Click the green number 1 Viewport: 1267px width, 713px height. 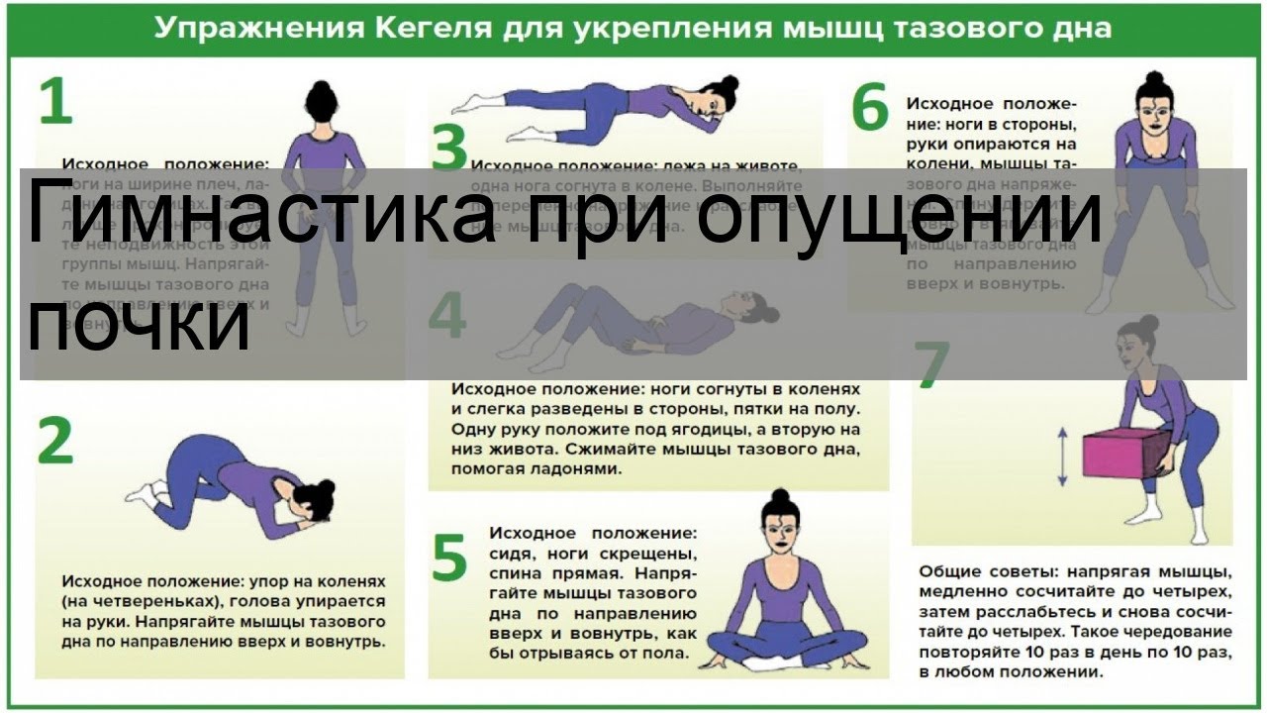click(x=55, y=101)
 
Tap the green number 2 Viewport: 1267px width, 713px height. click(x=55, y=442)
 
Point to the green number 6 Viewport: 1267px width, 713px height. click(x=870, y=109)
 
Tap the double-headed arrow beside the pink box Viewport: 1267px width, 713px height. click(x=1062, y=457)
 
